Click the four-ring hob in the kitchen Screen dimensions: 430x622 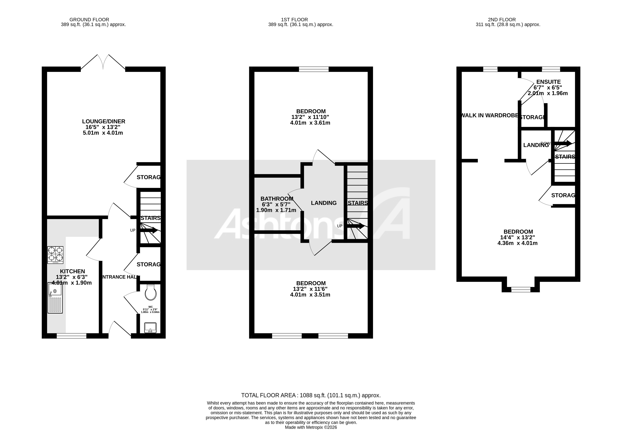click(55, 255)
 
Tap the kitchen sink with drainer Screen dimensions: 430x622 click(55, 298)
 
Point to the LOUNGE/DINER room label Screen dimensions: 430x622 click(104, 122)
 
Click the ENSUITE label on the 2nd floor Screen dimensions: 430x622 click(548, 82)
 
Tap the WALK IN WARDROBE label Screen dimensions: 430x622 click(489, 116)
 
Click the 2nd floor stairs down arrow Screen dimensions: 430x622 click(563, 144)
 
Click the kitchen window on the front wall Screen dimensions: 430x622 click(71, 336)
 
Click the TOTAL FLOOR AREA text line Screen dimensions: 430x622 click(311, 395)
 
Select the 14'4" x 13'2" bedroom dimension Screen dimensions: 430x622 click(518, 237)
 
